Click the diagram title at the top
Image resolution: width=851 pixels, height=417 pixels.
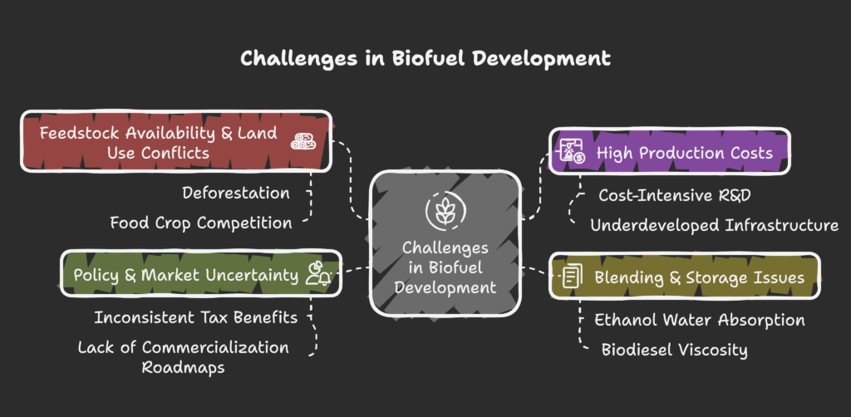[425, 59]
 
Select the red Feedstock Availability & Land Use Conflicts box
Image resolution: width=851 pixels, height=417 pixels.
[176, 141]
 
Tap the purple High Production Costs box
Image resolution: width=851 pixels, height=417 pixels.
[669, 152]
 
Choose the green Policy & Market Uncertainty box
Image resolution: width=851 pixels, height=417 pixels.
[201, 274]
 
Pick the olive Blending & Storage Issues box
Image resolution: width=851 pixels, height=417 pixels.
[685, 277]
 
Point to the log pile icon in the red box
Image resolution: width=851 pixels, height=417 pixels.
[303, 140]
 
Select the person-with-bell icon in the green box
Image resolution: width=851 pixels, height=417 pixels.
[318, 274]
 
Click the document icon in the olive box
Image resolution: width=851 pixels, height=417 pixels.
[572, 276]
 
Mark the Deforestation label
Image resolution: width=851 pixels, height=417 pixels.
[235, 193]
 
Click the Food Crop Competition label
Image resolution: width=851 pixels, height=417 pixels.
[201, 223]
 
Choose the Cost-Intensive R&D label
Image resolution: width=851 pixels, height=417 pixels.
[675, 195]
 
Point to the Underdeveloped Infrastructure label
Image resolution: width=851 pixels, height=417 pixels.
[714, 225]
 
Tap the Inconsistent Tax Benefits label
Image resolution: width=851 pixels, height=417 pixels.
[196, 317]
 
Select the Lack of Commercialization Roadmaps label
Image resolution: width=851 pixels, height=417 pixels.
[184, 357]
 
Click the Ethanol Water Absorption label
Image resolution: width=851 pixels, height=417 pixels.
[699, 320]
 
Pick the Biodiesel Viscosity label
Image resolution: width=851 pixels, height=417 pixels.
[675, 350]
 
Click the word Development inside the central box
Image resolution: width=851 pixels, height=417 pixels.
[445, 287]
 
